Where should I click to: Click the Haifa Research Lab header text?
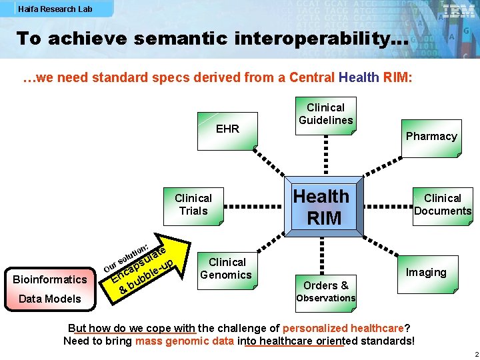coord(55,9)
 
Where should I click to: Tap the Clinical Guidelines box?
coord(325,113)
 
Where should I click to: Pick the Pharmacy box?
coord(431,136)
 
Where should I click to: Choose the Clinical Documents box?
coord(442,204)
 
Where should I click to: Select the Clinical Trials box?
coord(193,205)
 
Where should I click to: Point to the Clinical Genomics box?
coord(226,268)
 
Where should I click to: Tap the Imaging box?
coord(426,272)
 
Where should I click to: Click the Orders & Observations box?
coord(325,291)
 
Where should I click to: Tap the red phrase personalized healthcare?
coord(343,328)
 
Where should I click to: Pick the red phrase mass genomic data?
coord(184,341)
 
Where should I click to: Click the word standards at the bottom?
coord(385,341)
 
